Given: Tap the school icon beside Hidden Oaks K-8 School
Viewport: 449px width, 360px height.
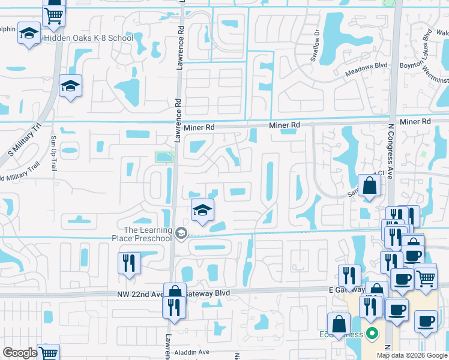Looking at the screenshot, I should coord(28,35).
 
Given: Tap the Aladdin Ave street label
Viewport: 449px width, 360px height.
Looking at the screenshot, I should coord(192,352).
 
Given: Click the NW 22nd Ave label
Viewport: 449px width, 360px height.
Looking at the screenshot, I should coord(139,294).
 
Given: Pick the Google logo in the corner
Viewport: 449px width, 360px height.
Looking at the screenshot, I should coord(20,353).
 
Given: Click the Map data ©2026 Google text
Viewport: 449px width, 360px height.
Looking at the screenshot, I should coord(411,355).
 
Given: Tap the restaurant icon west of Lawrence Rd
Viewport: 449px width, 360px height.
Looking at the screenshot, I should coord(130,263).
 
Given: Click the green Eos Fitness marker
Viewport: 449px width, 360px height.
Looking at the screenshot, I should coord(372,332).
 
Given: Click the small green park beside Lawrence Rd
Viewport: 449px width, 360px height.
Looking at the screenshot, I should coord(163,157).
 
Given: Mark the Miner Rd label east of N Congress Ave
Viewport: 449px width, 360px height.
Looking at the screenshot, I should coord(415,121).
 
